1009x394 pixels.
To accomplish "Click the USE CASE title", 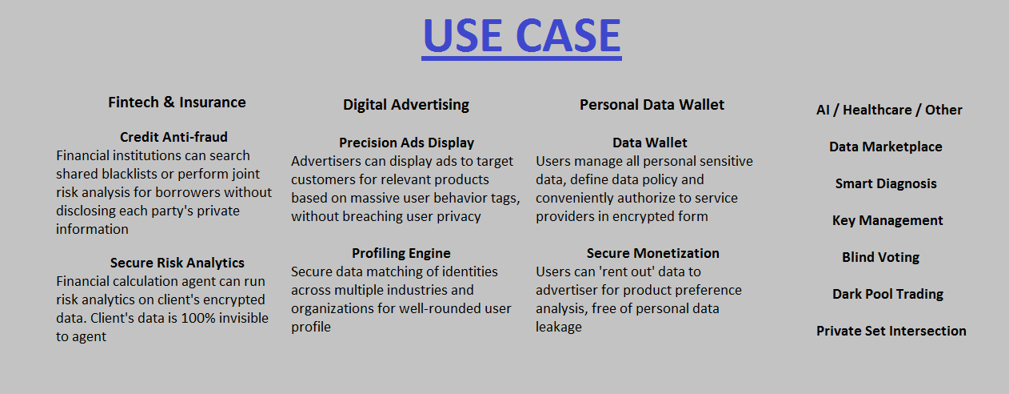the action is (x=521, y=36).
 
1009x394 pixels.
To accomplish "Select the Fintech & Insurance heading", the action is (x=177, y=103).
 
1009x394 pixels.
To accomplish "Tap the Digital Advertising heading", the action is (x=406, y=105).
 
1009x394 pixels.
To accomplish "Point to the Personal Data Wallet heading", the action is (x=652, y=105).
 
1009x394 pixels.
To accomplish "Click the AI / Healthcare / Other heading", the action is (x=889, y=111).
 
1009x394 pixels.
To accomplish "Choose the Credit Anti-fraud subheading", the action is (x=173, y=137).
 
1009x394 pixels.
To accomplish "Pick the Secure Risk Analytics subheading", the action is (x=177, y=263).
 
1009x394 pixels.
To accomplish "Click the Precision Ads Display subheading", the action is (x=406, y=143).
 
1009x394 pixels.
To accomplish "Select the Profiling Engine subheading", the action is (x=401, y=253).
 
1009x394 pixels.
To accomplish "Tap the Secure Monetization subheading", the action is (x=652, y=253).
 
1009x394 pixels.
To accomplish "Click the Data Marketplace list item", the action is (x=886, y=147).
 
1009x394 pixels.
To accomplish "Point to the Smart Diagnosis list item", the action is (x=886, y=183).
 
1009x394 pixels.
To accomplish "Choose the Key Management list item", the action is (x=887, y=221).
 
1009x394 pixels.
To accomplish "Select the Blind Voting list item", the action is (x=880, y=257).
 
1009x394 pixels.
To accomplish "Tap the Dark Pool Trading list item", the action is (x=887, y=294).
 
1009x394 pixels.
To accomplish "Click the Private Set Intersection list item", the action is (x=891, y=331).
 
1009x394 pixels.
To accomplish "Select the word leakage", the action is (x=559, y=328).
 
